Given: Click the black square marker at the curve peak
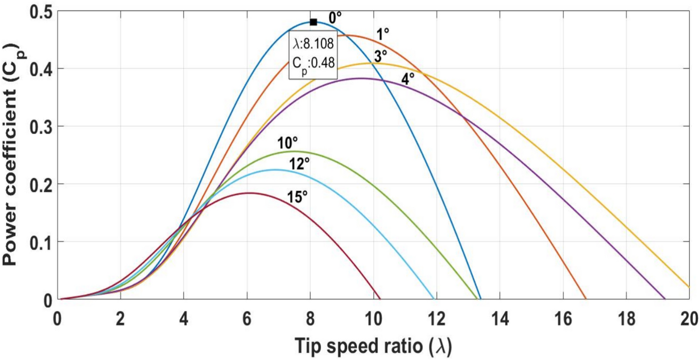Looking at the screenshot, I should point(313,22).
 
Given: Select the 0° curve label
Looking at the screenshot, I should point(336,18).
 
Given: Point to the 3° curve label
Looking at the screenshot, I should point(380,56).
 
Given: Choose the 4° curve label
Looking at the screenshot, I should point(408,79).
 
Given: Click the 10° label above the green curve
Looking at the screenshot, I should point(288,143).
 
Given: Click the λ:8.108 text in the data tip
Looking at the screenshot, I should point(313,43).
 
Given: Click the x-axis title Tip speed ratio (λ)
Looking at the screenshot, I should point(373,345).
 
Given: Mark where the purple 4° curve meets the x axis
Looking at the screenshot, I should point(665,299).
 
